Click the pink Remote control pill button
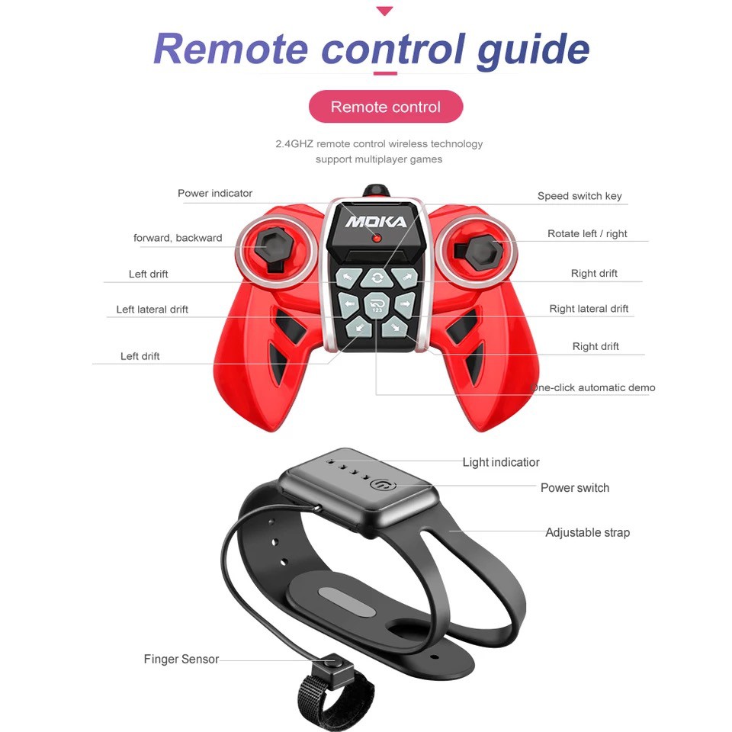386,107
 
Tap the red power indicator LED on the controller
377,239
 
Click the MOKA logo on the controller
376,221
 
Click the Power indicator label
215,193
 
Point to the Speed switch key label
579,196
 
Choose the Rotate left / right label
587,233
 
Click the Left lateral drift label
152,309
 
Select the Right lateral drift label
589,309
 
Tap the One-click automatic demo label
593,387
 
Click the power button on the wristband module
383,485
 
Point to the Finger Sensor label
181,659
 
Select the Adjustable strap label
587,532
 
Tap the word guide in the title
533,50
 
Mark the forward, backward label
178,238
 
